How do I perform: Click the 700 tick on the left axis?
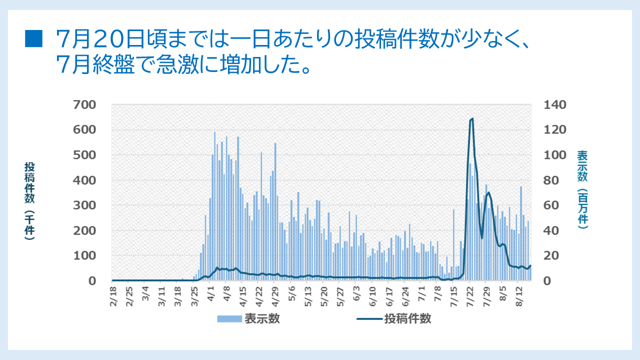pyautogui.click(x=85, y=105)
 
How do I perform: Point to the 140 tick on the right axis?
pyautogui.click(x=555, y=105)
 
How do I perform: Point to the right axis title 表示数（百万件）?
pyautogui.click(x=582, y=189)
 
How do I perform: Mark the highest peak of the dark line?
pyautogui.click(x=471, y=118)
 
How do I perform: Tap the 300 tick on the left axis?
pyautogui.click(x=85, y=205)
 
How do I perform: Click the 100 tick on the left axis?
pyautogui.click(x=85, y=255)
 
